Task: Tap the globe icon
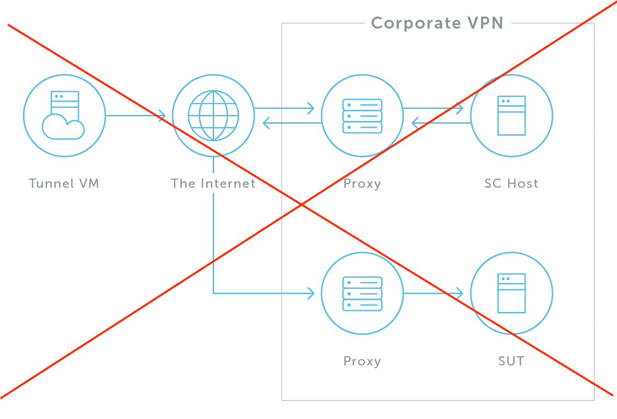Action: (213, 115)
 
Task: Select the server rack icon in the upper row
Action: (362, 115)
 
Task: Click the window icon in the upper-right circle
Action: (511, 115)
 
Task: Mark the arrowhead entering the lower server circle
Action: (311, 293)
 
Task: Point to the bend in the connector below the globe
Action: (212, 293)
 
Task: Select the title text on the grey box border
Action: (436, 23)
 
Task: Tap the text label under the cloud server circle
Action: (64, 184)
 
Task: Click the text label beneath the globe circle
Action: (213, 184)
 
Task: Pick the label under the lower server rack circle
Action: (362, 360)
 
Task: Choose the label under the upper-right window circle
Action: (511, 184)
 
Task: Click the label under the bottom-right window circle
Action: (511, 360)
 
